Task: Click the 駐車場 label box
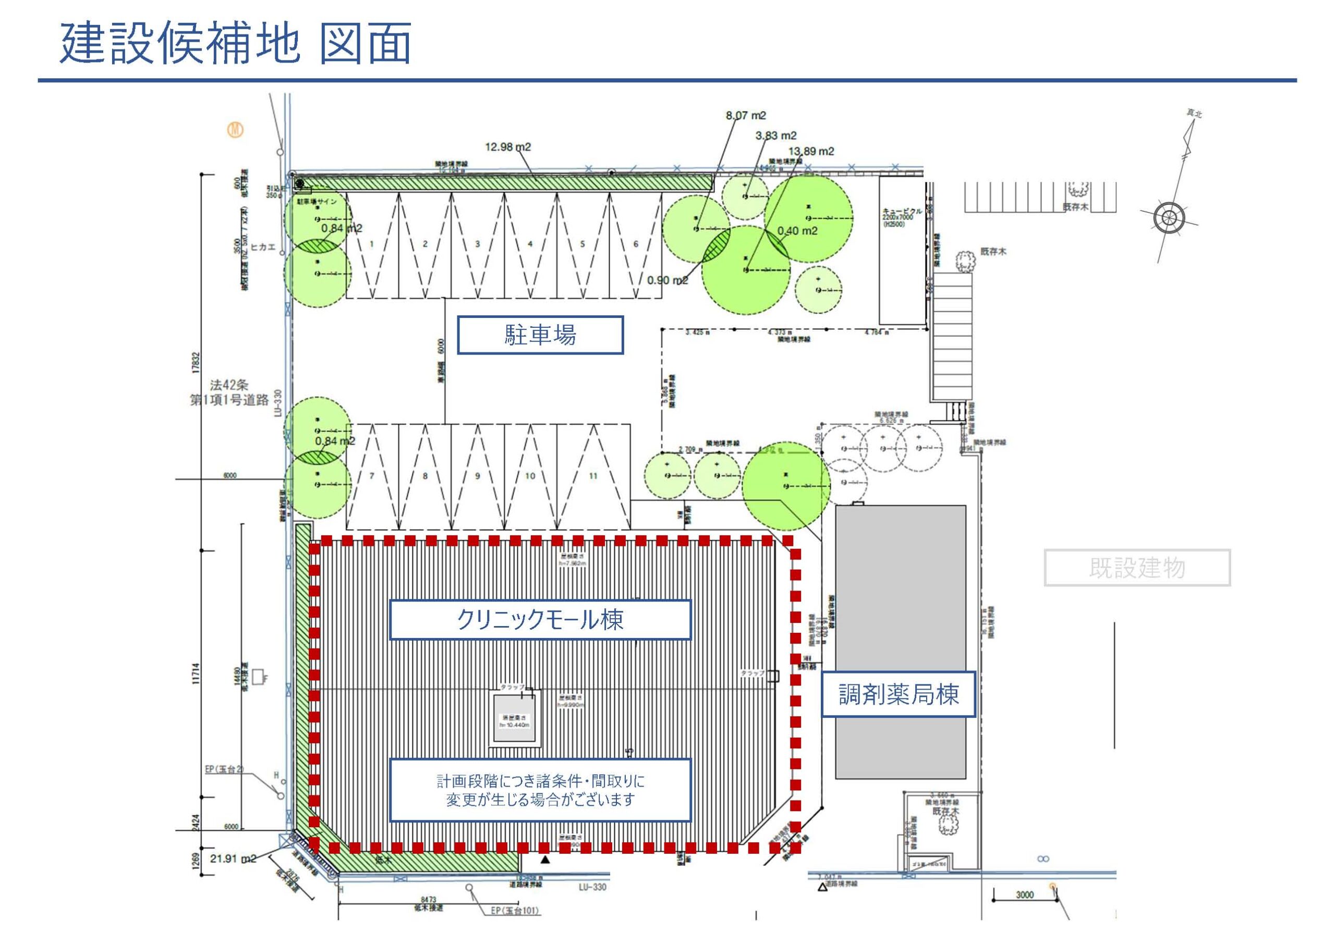point(540,335)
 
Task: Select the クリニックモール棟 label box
point(540,620)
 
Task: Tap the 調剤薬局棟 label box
point(898,695)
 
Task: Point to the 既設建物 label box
point(1137,567)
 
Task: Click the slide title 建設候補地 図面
point(236,44)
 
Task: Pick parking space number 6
point(636,244)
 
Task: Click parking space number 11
point(593,476)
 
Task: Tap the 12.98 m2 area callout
point(507,147)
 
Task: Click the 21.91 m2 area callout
point(233,859)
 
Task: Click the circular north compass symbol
point(1164,218)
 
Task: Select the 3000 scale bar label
point(1025,895)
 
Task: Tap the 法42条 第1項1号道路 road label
point(229,393)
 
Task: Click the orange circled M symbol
point(236,131)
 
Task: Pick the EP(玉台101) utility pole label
point(515,911)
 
